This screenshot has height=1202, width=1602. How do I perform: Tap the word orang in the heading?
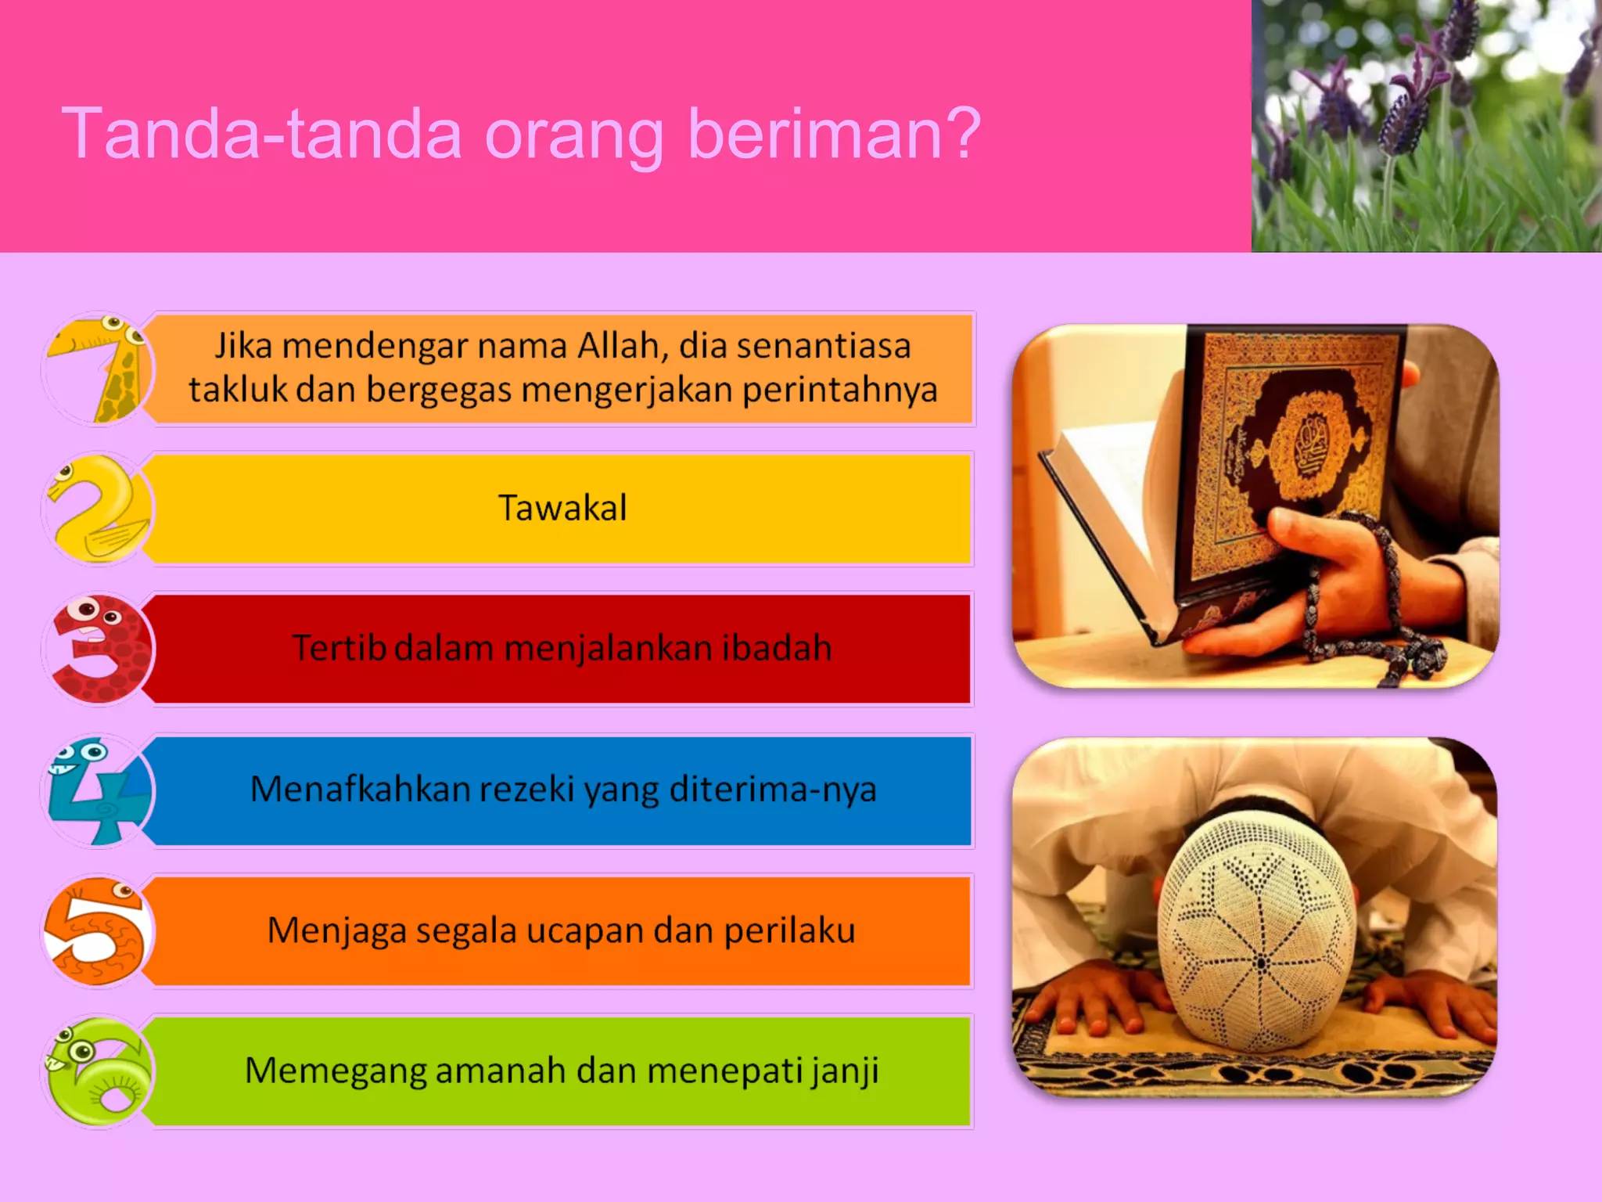pyautogui.click(x=573, y=135)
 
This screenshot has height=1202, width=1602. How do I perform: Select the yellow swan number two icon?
pyautogui.click(x=99, y=509)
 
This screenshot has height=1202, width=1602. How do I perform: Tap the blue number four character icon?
pyautogui.click(x=97, y=790)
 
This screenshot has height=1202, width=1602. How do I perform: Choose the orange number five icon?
pyautogui.click(x=97, y=931)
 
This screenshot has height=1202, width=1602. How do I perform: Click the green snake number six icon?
pyautogui.click(x=99, y=1072)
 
